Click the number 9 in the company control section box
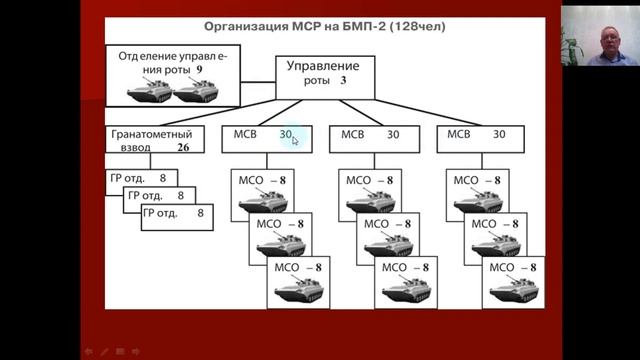pyautogui.click(x=199, y=72)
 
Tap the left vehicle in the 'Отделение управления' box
pyautogui.click(x=148, y=92)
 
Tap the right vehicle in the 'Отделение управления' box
pyautogui.click(x=196, y=92)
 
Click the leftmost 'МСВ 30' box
pyautogui.click(x=265, y=138)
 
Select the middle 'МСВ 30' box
pyautogui.click(x=372, y=138)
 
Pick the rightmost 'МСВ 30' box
pyautogui.click(x=478, y=138)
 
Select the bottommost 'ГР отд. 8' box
pyautogui.click(x=177, y=215)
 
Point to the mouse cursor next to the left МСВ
pyautogui.click(x=295, y=141)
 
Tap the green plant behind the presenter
pyautogui.click(x=572, y=45)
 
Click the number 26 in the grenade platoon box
pyautogui.click(x=183, y=146)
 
